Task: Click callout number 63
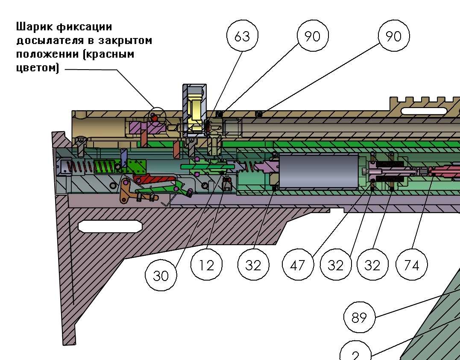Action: tap(242, 36)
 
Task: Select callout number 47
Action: tap(298, 265)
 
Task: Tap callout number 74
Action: tap(412, 265)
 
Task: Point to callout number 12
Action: tap(207, 265)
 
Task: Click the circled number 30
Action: tap(161, 275)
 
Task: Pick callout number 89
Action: tap(359, 318)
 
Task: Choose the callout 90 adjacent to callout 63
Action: tap(312, 36)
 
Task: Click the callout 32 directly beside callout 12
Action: tap(253, 265)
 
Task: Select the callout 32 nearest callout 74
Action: tap(372, 265)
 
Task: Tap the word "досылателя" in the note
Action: tap(47, 41)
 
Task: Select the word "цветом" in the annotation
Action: tap(35, 68)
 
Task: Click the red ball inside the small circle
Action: tap(155, 117)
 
